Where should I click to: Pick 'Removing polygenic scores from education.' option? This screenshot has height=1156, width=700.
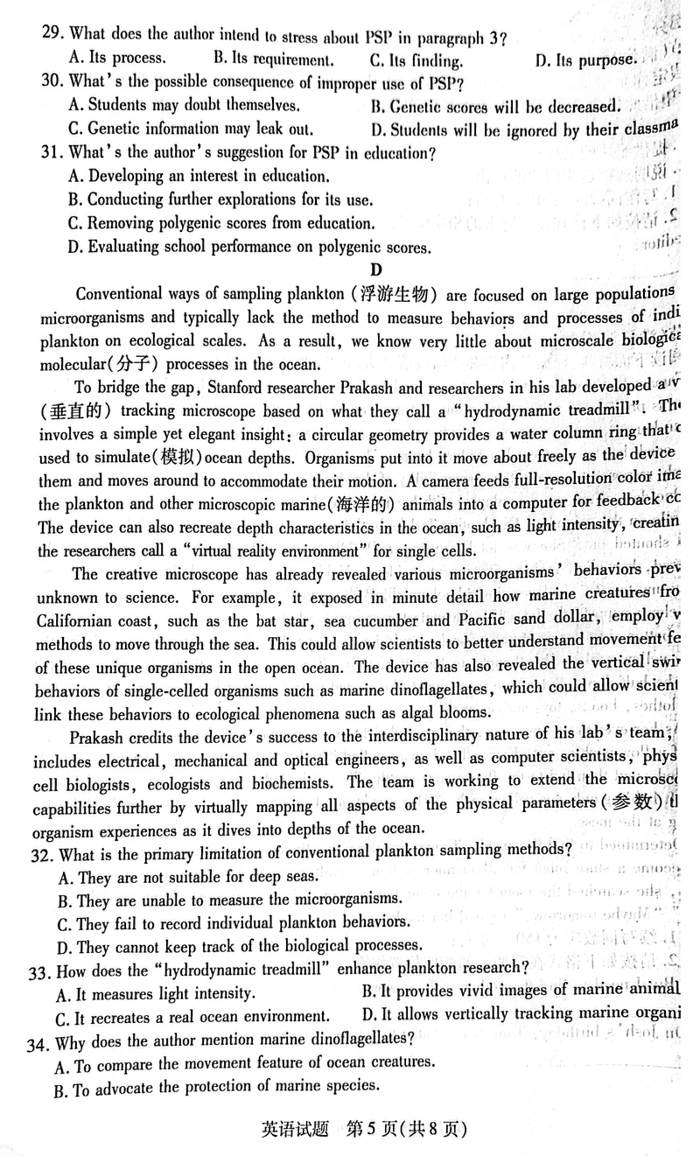coord(221,223)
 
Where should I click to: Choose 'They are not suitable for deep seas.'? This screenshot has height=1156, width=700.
coord(187,874)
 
